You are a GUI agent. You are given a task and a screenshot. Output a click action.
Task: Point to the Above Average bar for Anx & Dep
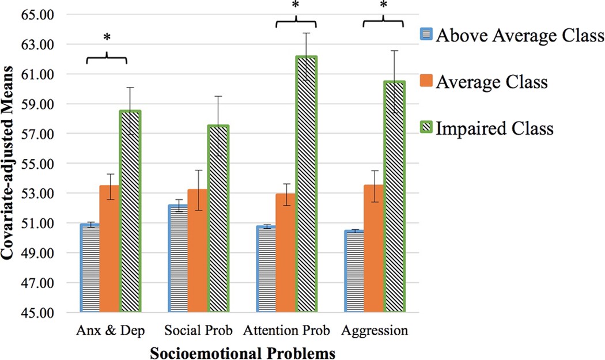pos(90,268)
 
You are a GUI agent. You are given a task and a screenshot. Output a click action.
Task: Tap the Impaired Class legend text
pos(495,128)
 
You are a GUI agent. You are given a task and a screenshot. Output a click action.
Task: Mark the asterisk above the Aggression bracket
pos(383,5)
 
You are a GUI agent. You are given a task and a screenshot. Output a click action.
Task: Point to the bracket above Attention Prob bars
pos(296,22)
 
